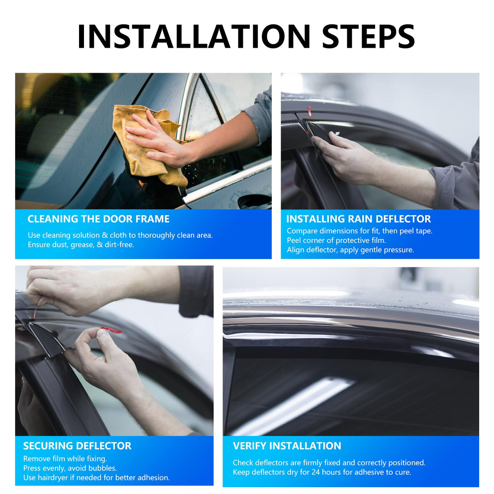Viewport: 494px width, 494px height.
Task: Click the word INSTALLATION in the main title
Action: click(x=194, y=36)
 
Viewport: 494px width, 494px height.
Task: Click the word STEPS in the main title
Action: click(x=368, y=36)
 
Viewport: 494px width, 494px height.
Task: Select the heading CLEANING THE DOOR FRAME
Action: click(x=98, y=219)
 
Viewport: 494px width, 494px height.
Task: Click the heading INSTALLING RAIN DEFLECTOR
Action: click(x=359, y=219)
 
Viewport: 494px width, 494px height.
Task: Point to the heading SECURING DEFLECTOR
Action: click(x=77, y=446)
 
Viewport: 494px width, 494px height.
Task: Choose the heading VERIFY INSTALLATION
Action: click(x=287, y=446)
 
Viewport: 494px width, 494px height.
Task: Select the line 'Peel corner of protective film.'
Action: click(x=336, y=240)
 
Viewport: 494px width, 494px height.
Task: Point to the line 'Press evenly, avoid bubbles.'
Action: click(x=70, y=468)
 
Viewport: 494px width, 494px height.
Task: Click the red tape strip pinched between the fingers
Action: click(x=111, y=330)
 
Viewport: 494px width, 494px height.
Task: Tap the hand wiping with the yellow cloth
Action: click(x=159, y=144)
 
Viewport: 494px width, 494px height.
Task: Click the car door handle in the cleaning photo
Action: click(x=254, y=201)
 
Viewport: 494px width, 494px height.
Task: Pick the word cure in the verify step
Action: click(x=403, y=472)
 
